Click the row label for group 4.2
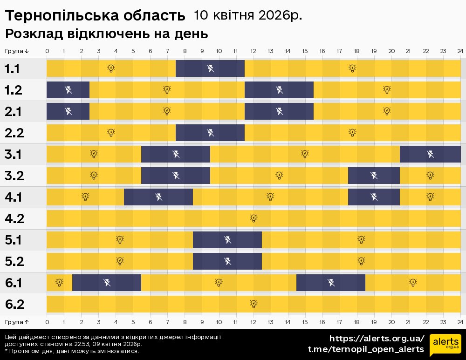(14, 218)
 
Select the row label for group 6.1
(14, 283)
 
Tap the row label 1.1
(12, 69)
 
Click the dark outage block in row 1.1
(210, 68)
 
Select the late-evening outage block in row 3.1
(430, 154)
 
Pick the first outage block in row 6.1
(107, 282)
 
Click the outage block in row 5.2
(227, 261)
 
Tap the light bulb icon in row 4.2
(254, 218)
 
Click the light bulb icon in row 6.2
(254, 304)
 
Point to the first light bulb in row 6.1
(59, 282)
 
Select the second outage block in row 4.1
(374, 197)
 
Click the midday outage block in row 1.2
(279, 90)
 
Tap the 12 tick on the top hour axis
(253, 51)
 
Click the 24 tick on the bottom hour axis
(460, 322)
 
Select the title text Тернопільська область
(95, 16)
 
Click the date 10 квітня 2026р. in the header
(247, 15)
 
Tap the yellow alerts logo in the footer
(445, 344)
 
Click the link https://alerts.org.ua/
(377, 339)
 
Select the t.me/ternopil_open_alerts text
(366, 349)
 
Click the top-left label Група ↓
(17, 51)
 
